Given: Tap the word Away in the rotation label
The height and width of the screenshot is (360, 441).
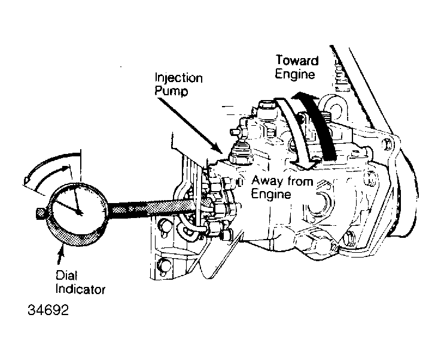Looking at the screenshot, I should point(267,180).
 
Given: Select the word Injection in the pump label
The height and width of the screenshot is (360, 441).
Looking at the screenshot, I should point(178,78).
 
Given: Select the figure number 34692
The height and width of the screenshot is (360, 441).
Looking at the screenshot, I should point(47,312).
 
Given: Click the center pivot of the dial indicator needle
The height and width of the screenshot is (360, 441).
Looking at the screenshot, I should point(80,211).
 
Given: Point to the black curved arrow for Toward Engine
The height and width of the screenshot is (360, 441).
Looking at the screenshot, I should point(317,126).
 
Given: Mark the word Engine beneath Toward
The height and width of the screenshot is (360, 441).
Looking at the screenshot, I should point(294,74).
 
